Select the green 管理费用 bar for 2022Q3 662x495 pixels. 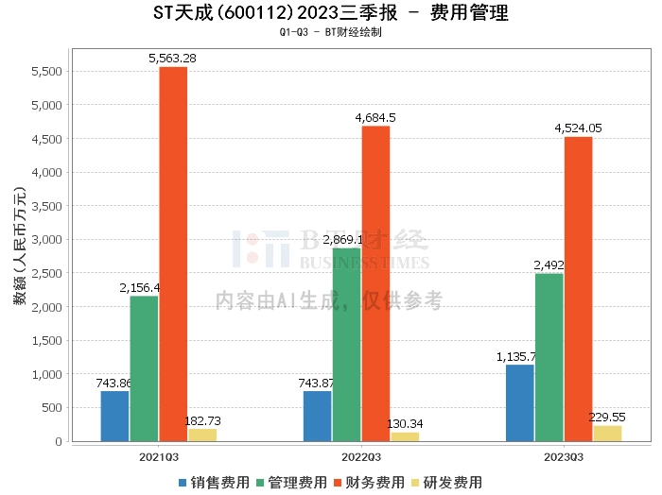tap(346, 345)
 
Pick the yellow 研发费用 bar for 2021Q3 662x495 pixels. tap(201, 435)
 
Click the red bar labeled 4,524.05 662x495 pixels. tap(578, 289)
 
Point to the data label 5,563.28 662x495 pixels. tap(172, 59)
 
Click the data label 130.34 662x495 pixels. tap(404, 424)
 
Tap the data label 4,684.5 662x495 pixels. tap(375, 117)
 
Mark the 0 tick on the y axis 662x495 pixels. tap(59, 441)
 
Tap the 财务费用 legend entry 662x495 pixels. tap(371, 482)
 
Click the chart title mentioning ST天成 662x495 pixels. tap(330, 13)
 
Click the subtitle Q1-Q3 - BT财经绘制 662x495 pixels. tap(330, 32)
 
